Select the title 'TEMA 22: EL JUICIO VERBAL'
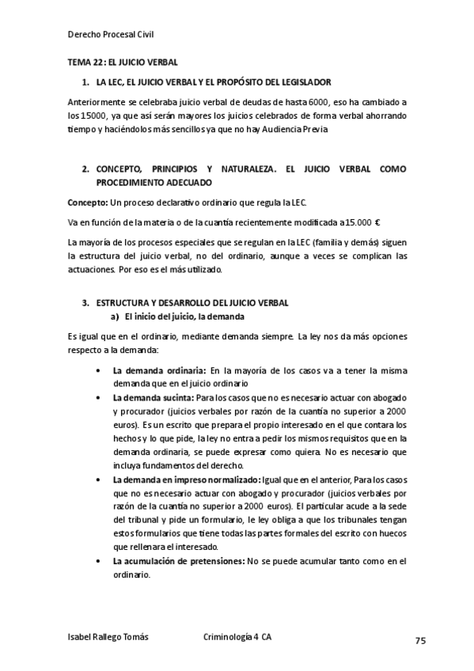(123, 62)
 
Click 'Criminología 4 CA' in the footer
(237, 636)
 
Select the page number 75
(420, 639)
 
